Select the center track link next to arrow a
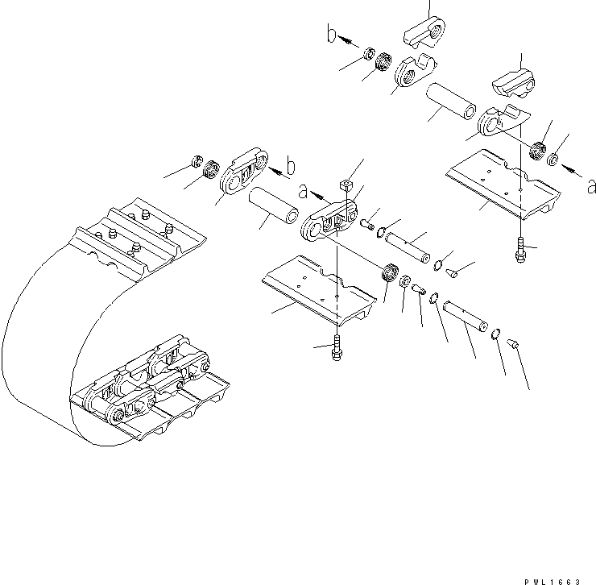(x=330, y=221)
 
